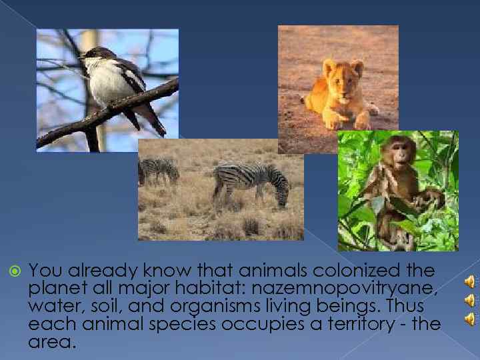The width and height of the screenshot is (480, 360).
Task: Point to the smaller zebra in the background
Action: click(x=159, y=170)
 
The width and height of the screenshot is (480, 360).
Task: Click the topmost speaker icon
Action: click(x=469, y=281)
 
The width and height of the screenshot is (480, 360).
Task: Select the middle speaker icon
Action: click(x=469, y=300)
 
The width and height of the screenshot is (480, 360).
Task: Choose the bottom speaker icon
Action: click(x=469, y=318)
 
